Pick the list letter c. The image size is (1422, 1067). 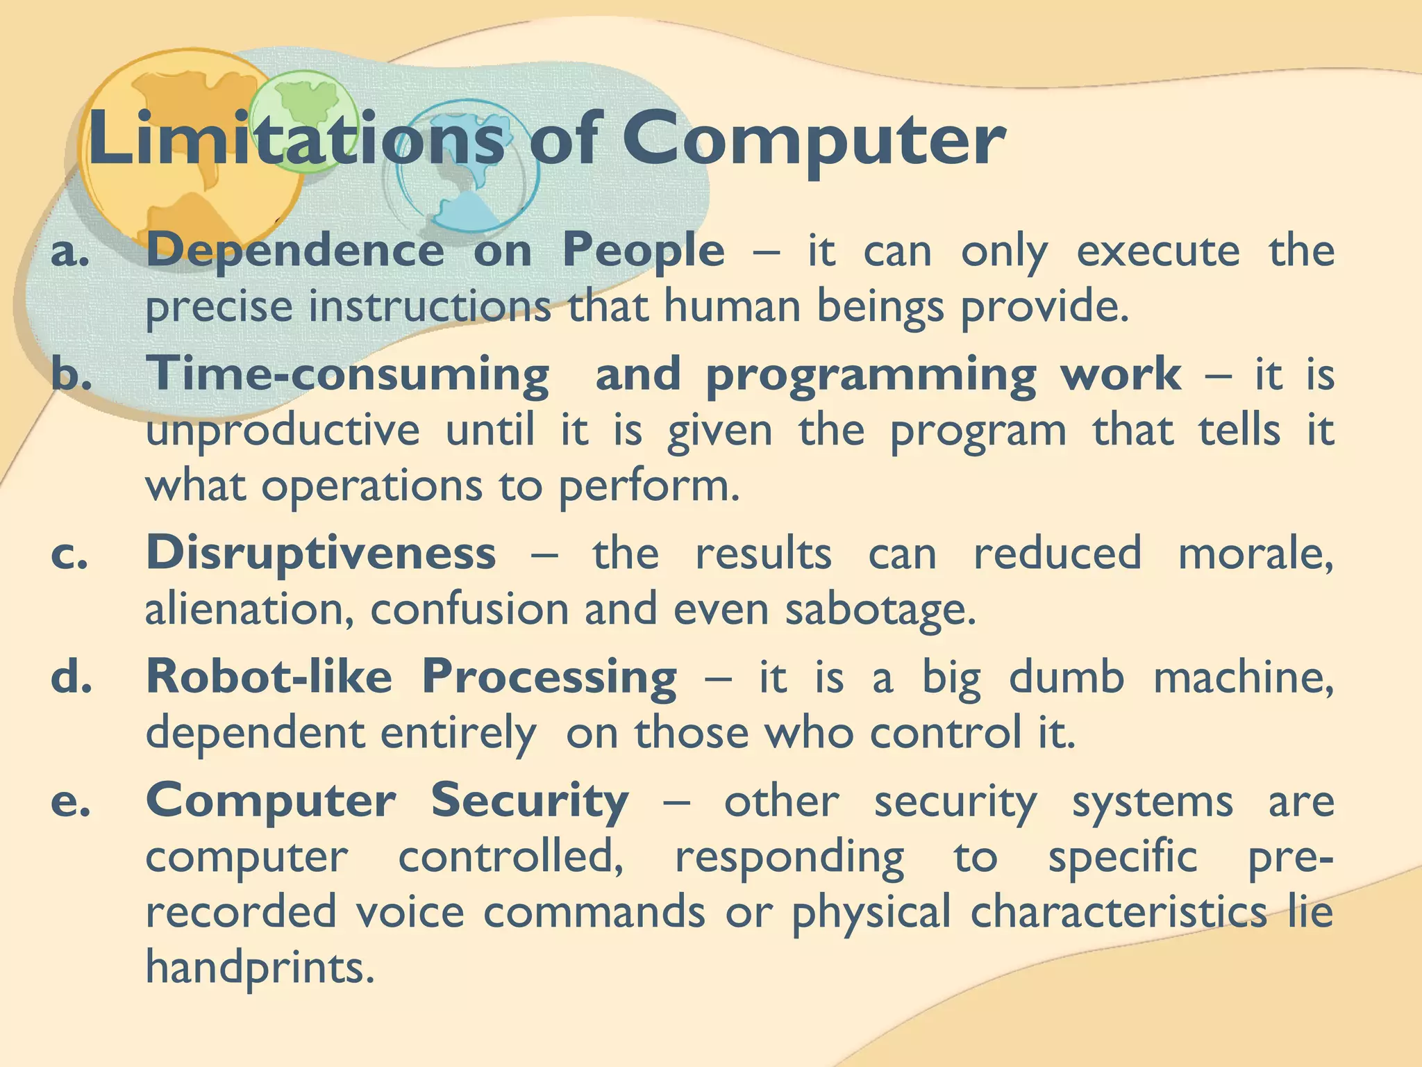coord(70,556)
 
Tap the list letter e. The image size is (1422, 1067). coord(70,803)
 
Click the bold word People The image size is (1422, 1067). coord(643,251)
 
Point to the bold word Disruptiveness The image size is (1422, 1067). coord(321,553)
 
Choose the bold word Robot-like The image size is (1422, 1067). coord(269,677)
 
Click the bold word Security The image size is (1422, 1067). coord(530,802)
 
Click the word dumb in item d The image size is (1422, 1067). coord(1066,677)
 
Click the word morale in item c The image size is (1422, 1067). coord(1255,554)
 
